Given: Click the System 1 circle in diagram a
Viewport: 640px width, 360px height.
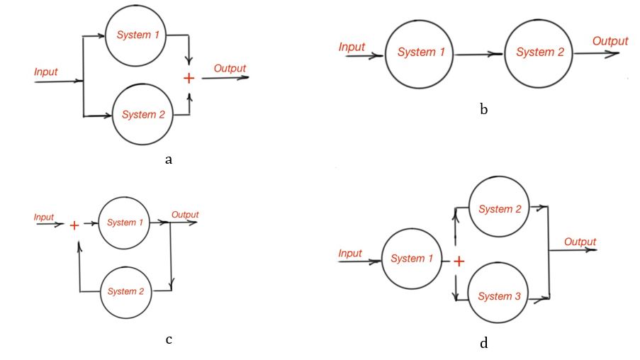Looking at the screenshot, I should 135,36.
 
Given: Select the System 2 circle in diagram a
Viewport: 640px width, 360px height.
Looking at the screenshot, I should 142,114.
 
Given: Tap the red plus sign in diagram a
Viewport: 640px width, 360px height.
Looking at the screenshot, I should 189,78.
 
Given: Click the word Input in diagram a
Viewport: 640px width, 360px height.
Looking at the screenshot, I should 46,72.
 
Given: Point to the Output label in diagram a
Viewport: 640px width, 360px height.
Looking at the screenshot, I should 230,69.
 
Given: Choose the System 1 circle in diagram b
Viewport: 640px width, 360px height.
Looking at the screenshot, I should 420,53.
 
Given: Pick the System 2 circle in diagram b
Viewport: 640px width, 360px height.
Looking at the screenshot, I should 539,53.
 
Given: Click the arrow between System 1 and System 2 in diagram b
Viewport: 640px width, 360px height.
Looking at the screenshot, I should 479,55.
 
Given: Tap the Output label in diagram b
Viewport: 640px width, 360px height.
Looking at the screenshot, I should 610,41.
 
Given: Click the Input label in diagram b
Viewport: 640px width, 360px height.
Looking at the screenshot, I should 352,47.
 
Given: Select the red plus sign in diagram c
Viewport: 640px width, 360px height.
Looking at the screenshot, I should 74,225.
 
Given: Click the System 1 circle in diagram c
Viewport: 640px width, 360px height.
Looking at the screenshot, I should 125,223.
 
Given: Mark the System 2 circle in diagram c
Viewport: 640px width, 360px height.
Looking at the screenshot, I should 125,291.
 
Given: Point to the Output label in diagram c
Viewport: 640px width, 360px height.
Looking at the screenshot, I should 185,215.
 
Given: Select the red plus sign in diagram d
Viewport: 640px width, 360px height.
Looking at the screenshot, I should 459,261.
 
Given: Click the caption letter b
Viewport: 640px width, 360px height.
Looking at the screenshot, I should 483,109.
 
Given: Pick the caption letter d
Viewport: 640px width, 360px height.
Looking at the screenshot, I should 483,344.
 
